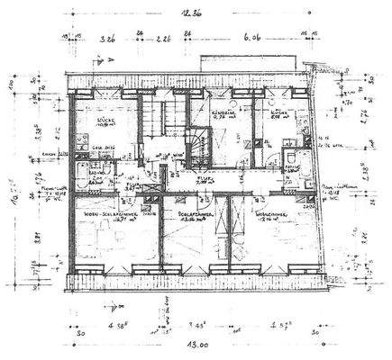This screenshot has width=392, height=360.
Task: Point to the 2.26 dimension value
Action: [x=164, y=40]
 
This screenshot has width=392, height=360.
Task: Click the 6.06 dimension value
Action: [x=249, y=40]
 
